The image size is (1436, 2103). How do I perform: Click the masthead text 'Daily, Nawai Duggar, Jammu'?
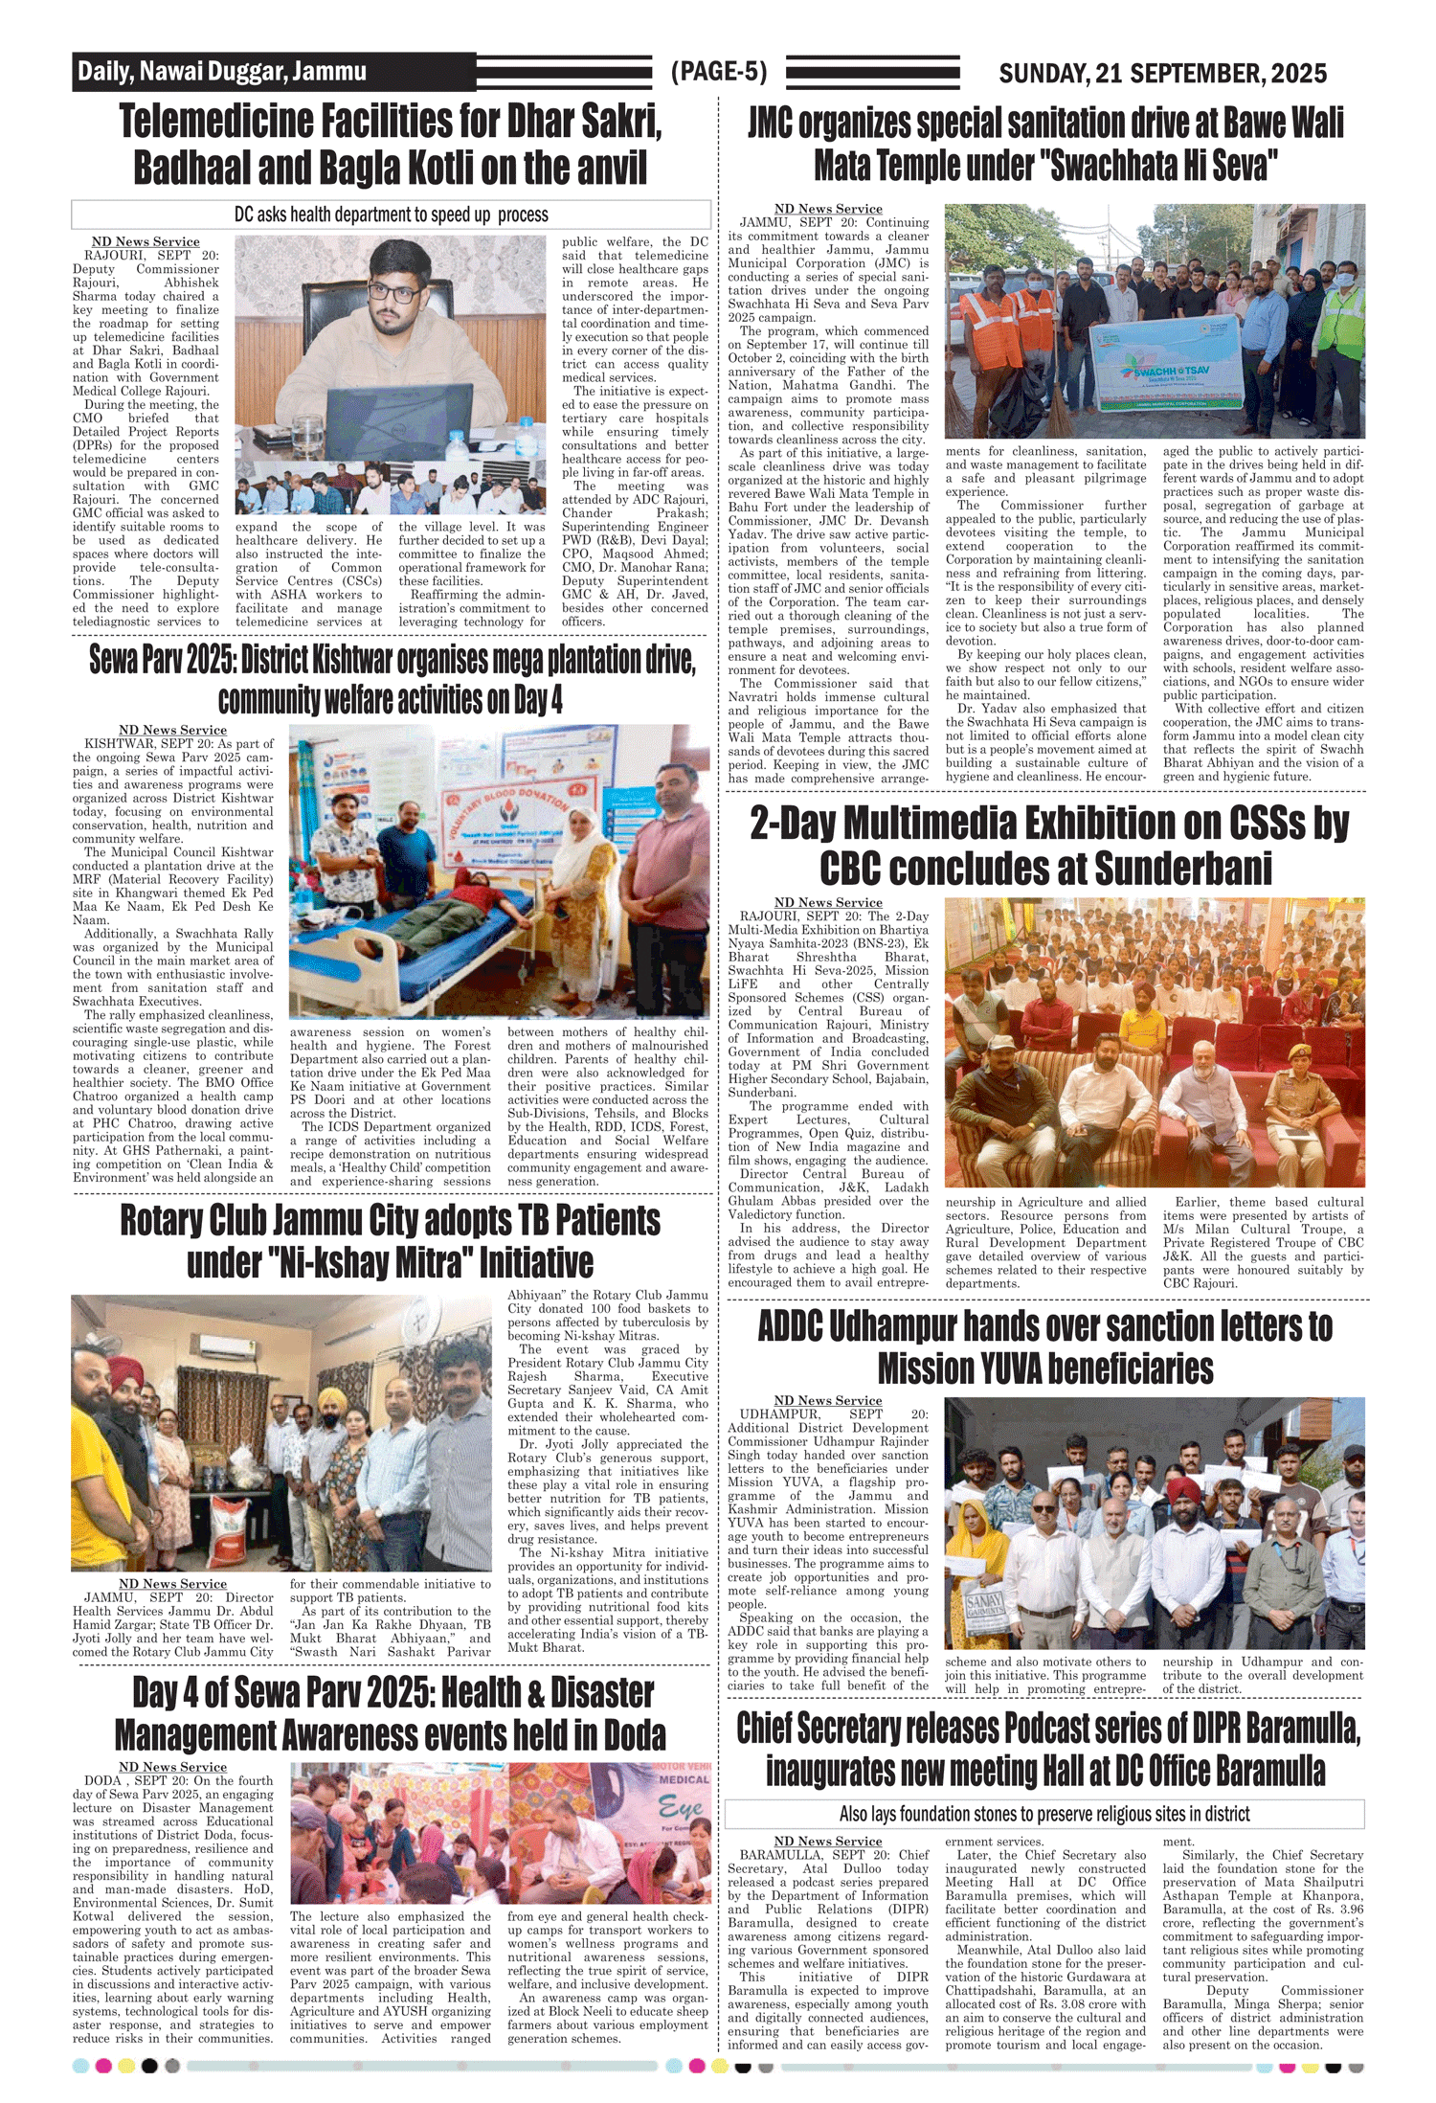pos(222,72)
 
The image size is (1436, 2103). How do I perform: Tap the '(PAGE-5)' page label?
pos(718,72)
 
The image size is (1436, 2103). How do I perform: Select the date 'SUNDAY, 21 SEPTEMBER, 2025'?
pos(1162,74)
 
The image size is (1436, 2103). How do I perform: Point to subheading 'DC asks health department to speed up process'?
pos(391,215)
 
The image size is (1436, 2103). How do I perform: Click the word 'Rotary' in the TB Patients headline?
pos(168,1221)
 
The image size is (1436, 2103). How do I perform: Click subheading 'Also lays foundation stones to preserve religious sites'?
pos(1043,1814)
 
